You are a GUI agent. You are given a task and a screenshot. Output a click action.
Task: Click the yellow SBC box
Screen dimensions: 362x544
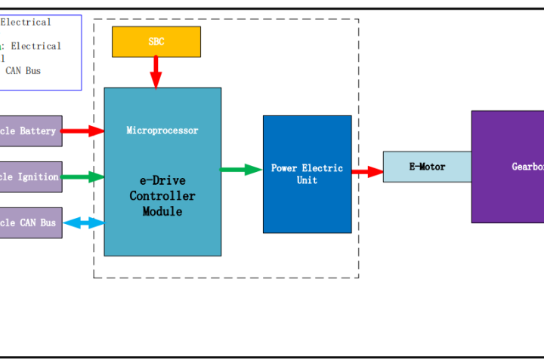156,41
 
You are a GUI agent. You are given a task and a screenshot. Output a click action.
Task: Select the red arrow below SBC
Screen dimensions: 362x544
156,72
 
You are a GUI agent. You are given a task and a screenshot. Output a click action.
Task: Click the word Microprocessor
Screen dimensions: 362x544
162,130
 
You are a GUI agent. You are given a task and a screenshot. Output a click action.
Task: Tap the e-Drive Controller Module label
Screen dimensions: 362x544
162,196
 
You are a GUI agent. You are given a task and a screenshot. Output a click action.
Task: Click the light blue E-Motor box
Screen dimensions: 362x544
427,167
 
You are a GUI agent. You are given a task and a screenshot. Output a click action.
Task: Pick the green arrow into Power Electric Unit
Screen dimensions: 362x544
241,170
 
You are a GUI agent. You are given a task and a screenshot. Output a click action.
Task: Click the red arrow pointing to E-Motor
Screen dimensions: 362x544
367,172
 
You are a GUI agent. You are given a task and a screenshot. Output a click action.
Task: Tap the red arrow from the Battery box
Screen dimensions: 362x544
82,131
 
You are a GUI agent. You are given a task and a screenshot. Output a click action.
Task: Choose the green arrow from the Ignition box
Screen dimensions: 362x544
82,177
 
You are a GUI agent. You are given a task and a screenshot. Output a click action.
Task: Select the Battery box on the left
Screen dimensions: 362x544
30,131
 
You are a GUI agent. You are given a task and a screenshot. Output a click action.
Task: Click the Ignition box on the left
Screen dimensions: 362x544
30,177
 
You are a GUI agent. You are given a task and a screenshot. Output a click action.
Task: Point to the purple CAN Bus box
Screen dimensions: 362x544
30,222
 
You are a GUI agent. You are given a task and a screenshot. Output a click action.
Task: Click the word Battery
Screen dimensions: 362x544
38,131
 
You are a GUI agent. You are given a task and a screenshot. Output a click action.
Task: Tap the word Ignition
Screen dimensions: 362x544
38,177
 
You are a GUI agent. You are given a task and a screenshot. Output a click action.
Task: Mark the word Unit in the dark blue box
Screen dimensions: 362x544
307,180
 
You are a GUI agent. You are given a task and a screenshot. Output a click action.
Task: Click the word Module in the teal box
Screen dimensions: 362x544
162,212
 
